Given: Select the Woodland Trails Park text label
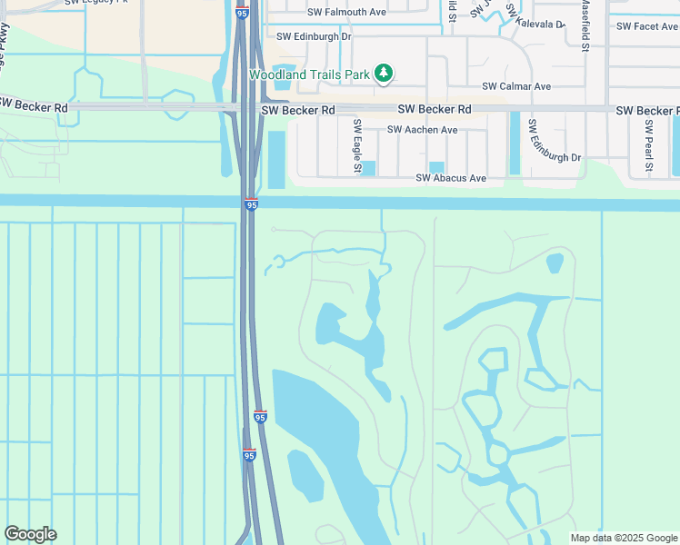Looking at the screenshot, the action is point(310,74).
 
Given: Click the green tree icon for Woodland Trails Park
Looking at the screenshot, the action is point(384,73).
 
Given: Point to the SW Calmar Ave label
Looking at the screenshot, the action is point(516,86).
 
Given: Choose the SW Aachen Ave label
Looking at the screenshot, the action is point(422,130).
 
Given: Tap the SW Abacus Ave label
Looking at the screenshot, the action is point(451,178).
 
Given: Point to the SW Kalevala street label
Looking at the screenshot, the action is point(535,19).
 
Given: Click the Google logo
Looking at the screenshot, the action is point(30,534).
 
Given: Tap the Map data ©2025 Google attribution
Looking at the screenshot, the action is point(623,538).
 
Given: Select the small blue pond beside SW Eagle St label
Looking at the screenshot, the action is point(368,168).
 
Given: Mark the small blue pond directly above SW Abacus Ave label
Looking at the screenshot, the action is point(437,166).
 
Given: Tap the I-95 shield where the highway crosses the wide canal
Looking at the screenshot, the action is point(251,205).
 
